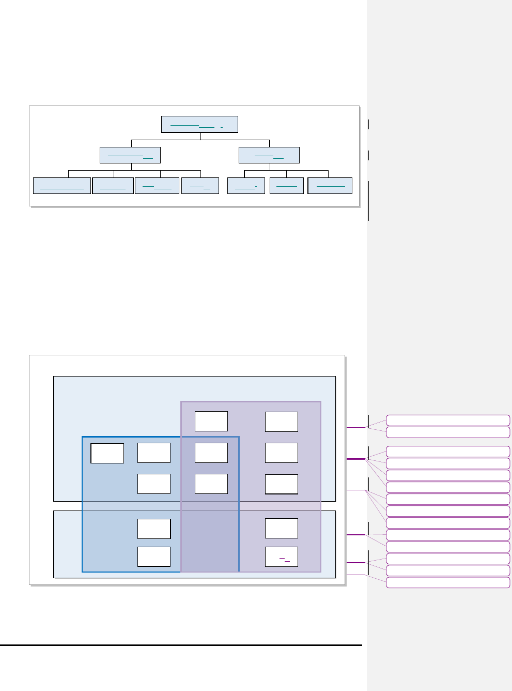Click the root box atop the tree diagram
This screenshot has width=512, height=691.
(199, 124)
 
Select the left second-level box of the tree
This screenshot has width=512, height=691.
(130, 155)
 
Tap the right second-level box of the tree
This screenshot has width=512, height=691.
(269, 155)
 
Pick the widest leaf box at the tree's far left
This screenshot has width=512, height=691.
(62, 186)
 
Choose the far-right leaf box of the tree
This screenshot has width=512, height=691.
(330, 186)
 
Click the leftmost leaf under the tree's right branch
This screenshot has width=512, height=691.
(246, 186)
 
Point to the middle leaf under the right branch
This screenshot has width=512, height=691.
(287, 186)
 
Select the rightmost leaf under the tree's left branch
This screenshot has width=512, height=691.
(200, 186)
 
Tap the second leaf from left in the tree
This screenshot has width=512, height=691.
(113, 186)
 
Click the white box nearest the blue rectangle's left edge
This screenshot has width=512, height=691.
(107, 453)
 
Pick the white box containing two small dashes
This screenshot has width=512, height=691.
(282, 557)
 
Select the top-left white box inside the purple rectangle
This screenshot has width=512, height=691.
(211, 422)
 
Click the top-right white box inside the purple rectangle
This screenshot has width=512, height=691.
(282, 422)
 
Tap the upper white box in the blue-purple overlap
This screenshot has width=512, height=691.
(211, 453)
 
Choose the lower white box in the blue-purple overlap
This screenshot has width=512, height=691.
(211, 484)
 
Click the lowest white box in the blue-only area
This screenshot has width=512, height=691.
(154, 557)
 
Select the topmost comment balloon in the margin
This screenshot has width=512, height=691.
(448, 420)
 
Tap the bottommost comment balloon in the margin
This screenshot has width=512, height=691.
(448, 583)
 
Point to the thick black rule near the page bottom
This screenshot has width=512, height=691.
(181, 645)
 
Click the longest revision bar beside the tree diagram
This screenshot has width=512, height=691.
(368, 201)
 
